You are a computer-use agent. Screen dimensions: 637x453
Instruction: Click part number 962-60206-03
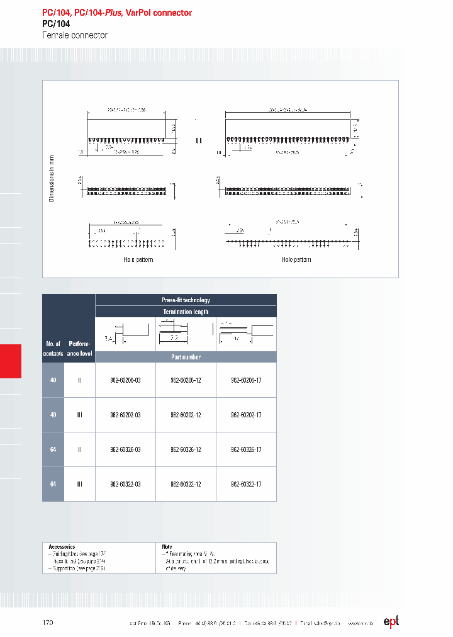click(125, 380)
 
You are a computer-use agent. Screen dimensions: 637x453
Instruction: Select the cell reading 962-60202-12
click(186, 415)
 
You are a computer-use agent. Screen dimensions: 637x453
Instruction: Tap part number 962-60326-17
click(246, 449)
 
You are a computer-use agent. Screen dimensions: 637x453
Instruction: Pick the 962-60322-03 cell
click(125, 484)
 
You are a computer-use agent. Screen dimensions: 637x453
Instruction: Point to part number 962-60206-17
click(246, 380)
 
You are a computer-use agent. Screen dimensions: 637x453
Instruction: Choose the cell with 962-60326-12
click(186, 449)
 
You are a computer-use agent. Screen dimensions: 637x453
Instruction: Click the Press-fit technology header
click(186, 300)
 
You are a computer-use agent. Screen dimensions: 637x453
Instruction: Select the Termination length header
click(186, 312)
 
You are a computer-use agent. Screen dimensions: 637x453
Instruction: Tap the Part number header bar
click(186, 357)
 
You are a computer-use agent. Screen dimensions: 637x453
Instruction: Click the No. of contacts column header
click(53, 349)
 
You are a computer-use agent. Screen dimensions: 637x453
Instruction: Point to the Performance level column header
click(79, 349)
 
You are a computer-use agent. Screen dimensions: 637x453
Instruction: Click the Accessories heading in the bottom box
click(62, 547)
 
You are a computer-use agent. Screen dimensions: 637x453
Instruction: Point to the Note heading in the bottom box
click(167, 547)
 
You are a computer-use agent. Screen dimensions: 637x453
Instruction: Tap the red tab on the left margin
click(11, 361)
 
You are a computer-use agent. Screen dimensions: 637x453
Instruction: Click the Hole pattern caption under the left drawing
click(138, 259)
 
